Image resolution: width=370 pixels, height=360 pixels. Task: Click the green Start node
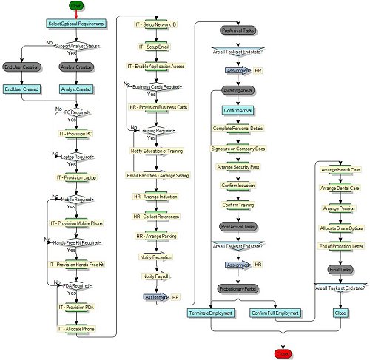coord(76,6)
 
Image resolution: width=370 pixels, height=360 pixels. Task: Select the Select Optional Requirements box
coord(76,24)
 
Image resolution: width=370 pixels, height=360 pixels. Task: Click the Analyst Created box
coord(76,89)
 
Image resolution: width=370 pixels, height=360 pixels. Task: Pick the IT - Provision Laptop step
coord(76,177)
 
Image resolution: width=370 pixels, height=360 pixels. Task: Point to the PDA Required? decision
coord(76,285)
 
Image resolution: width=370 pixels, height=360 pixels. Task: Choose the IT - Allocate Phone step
coord(76,327)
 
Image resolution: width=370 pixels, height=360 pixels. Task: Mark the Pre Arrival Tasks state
coord(238,30)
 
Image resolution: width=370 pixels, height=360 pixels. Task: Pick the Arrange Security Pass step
coord(238,168)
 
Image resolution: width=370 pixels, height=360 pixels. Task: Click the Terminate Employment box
coord(210,313)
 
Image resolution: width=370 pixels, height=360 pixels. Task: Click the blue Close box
coord(340,313)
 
